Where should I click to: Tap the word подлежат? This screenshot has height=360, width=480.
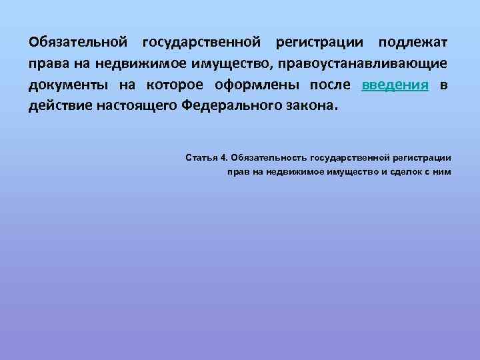coord(413,43)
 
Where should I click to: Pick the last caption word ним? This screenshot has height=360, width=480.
coord(443,172)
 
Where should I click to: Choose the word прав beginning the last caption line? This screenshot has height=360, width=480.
coord(238,172)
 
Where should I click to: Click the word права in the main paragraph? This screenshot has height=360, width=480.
coord(47,64)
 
